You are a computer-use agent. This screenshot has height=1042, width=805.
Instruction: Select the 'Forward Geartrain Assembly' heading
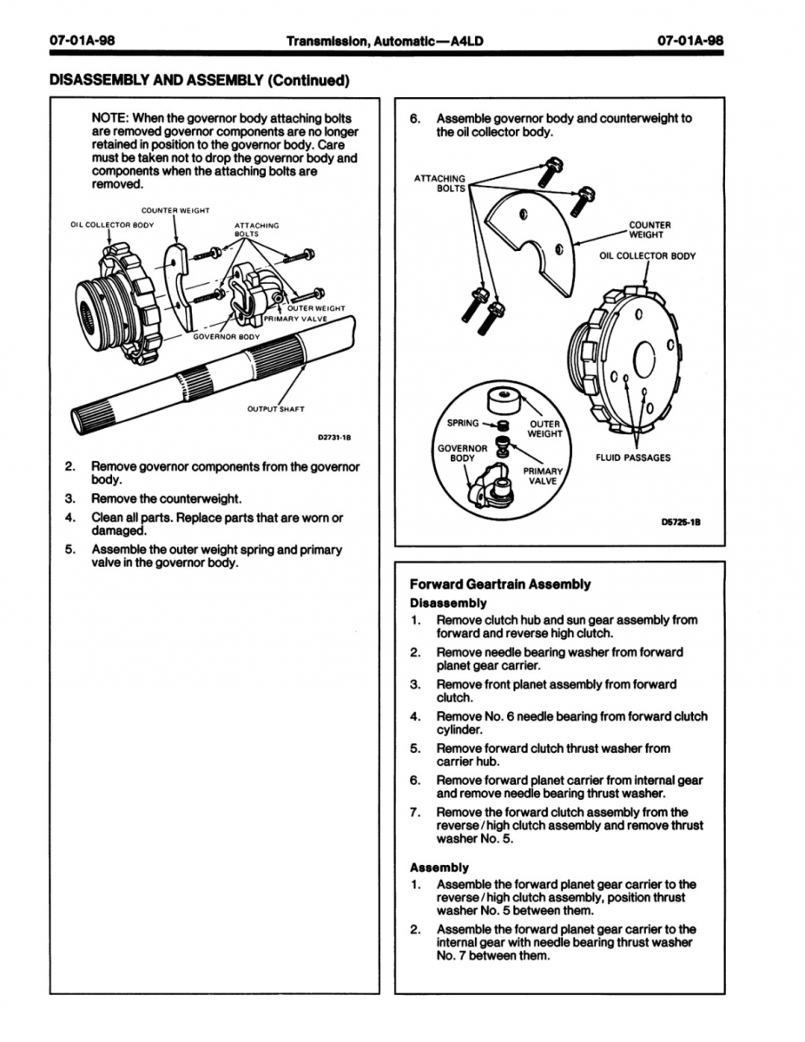coord(499,584)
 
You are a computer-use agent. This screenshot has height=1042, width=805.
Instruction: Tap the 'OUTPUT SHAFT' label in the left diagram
coord(277,409)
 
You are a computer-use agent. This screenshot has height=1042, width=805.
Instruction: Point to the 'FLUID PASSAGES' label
coord(632,458)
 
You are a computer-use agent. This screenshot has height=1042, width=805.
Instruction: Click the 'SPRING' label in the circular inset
coord(462,424)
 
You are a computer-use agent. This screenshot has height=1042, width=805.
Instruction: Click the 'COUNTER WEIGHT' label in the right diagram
coord(650,230)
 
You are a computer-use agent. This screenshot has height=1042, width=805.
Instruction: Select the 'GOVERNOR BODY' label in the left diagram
coord(226,336)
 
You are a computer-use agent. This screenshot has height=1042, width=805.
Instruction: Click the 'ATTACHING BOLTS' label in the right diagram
coord(439,183)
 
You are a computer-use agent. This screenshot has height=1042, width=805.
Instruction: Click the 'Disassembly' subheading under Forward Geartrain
coord(448,603)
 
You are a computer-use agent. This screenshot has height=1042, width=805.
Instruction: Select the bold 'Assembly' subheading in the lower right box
coord(439,867)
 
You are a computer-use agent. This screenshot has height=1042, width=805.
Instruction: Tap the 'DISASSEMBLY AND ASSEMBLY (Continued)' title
coord(199,81)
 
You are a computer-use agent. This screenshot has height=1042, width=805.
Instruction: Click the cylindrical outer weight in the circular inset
coord(504,400)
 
